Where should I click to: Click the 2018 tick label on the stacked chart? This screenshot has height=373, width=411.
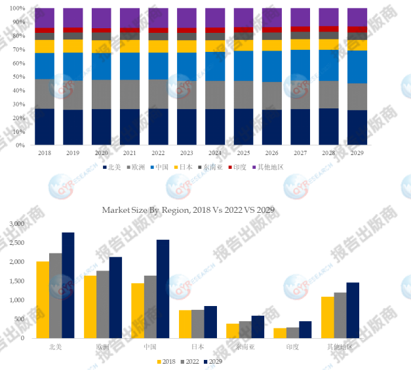(x=44, y=152)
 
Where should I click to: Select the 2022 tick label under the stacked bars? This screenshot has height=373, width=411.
(x=157, y=152)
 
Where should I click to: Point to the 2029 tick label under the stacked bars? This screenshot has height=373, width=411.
(x=357, y=152)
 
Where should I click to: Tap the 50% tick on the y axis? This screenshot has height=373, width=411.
(x=20, y=77)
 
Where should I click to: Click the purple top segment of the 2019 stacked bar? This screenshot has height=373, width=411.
(x=73, y=18)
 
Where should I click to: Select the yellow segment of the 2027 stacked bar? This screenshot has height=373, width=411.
(x=300, y=44)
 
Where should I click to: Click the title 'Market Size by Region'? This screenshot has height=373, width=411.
(x=187, y=210)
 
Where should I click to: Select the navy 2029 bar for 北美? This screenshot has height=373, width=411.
(x=68, y=285)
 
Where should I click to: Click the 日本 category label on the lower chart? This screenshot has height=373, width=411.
(x=198, y=346)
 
